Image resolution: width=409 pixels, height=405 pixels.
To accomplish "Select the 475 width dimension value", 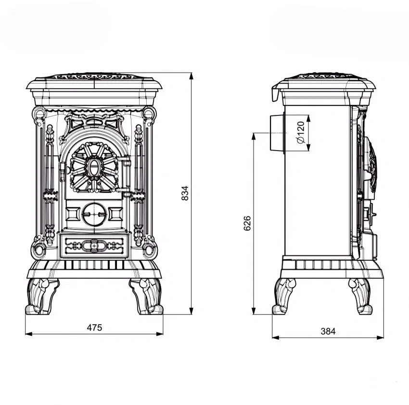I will [x=94, y=328].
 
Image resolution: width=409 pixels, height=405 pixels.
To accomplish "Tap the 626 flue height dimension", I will [x=247, y=223].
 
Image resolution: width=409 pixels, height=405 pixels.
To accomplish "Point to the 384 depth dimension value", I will [x=328, y=331].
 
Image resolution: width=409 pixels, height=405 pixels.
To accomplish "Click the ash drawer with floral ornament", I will [x=94, y=246].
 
